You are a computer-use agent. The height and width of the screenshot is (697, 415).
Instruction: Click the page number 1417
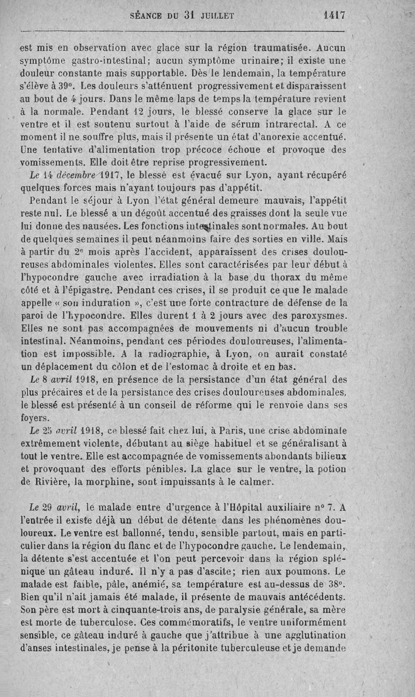[x=334, y=15]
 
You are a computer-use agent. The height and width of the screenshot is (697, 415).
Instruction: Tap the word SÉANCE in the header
[x=146, y=16]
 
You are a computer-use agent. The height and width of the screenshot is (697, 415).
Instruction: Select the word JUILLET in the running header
[x=215, y=16]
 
